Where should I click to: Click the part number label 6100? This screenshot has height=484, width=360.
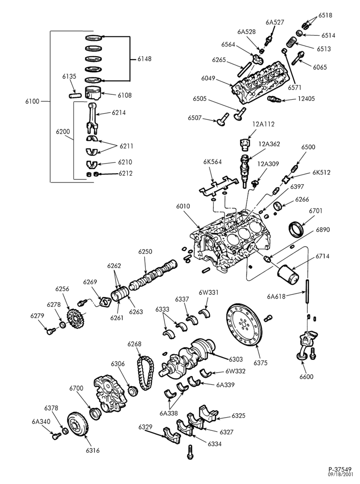[32, 101]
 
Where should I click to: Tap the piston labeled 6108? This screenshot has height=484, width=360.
[93, 93]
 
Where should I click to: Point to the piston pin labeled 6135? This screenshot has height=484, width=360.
[75, 95]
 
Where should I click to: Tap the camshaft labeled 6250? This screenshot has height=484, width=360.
[153, 275]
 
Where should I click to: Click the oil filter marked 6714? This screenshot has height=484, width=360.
[288, 275]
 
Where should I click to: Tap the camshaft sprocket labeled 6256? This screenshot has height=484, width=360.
[75, 319]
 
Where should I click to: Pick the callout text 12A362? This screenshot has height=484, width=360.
[269, 144]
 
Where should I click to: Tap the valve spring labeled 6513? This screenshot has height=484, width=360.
[290, 42]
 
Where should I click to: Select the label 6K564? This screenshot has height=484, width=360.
[212, 162]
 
